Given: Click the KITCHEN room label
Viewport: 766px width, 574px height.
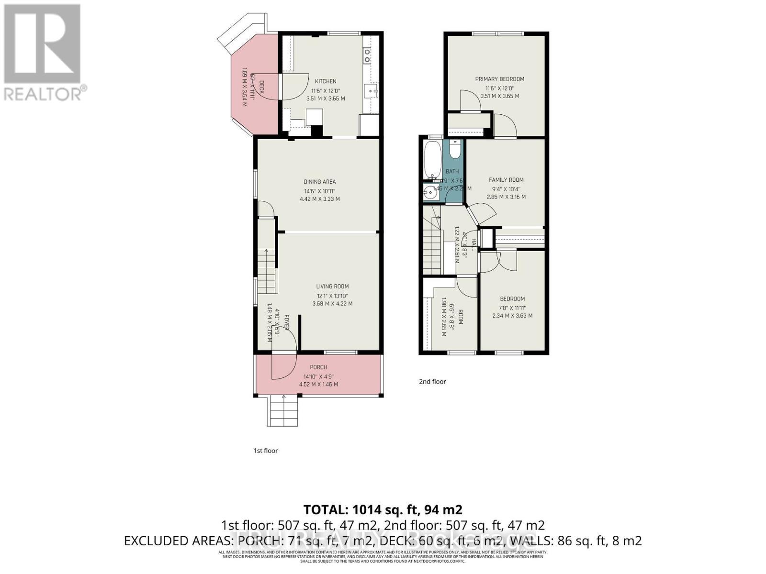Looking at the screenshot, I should (325, 81).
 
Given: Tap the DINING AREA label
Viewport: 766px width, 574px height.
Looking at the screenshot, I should (319, 182).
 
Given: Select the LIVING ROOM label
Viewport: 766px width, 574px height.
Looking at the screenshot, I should (332, 287).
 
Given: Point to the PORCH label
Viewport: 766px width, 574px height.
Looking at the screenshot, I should (318, 367).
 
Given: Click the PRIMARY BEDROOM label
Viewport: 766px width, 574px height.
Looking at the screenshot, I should (499, 79).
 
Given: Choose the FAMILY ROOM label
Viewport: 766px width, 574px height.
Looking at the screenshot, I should (506, 180).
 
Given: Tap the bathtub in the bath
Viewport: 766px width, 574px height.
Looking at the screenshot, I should (432, 159).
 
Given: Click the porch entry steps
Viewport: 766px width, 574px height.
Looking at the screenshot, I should (283, 411).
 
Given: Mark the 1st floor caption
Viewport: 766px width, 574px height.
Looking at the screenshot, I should (265, 451).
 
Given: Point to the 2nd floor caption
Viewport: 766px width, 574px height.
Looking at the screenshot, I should (432, 382).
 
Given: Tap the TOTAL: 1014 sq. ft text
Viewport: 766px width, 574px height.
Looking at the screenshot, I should (383, 509).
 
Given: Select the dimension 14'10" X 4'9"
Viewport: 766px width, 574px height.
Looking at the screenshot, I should (318, 376).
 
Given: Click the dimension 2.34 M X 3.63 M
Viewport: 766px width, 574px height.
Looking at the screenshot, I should (512, 316).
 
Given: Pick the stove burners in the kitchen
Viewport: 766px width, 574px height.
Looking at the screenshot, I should (367, 55).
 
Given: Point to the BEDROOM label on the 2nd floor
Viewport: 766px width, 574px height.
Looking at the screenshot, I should (512, 299).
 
